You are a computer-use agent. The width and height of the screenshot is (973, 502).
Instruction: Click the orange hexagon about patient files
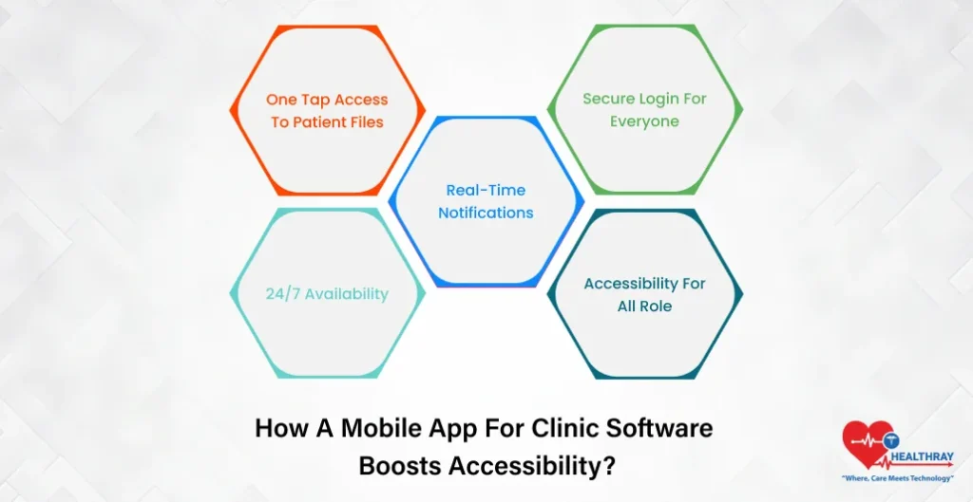(x=328, y=111)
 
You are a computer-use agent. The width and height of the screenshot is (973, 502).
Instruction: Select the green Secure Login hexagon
(x=644, y=110)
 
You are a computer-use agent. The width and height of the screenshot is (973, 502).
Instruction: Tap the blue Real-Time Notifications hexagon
(x=486, y=201)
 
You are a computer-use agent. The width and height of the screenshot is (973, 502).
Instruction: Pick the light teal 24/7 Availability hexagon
(x=328, y=293)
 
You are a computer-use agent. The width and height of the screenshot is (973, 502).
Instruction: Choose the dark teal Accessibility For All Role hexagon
(x=644, y=293)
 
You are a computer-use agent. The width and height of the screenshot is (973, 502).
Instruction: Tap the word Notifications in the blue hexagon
(x=486, y=213)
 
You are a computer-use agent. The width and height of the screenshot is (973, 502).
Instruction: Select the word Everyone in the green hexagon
(x=644, y=121)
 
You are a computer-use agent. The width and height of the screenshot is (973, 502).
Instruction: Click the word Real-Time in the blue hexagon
(x=486, y=190)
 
